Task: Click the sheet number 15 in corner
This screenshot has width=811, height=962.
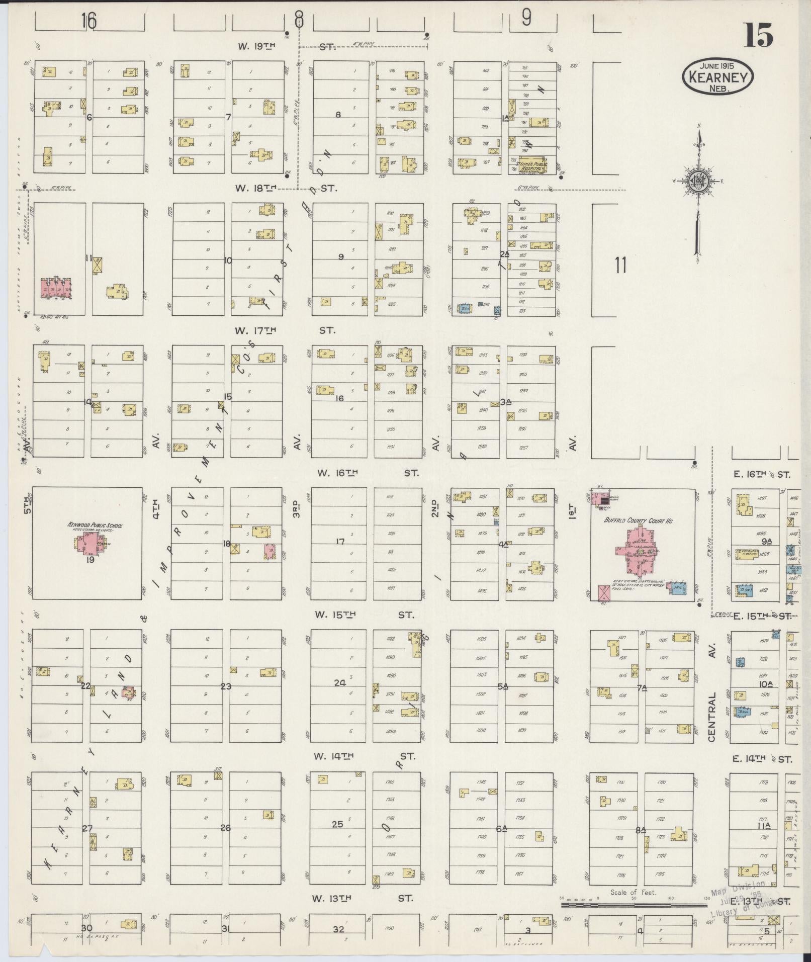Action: point(758,35)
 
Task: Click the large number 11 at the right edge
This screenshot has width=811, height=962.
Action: point(621,265)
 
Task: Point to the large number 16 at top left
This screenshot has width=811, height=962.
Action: point(89,21)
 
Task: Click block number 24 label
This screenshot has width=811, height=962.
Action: point(340,683)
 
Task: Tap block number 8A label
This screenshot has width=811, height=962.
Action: point(640,831)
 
